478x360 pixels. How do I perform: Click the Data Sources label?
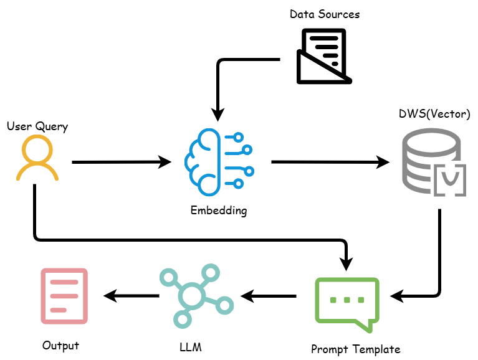[x=325, y=13]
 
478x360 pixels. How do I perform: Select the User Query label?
[x=37, y=126]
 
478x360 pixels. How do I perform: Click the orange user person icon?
[x=37, y=158]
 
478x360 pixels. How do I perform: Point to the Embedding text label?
[x=219, y=211]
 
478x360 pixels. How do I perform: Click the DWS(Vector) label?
[x=434, y=115]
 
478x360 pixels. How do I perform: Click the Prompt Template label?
[x=356, y=349]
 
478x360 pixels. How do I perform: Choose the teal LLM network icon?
[x=194, y=296]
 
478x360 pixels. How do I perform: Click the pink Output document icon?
[x=64, y=296]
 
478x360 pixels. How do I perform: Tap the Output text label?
[x=61, y=345]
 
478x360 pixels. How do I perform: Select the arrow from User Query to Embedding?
[x=122, y=163]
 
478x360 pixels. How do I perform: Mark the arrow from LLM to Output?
[x=131, y=295]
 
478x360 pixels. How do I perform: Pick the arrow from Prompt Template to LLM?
[x=269, y=295]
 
